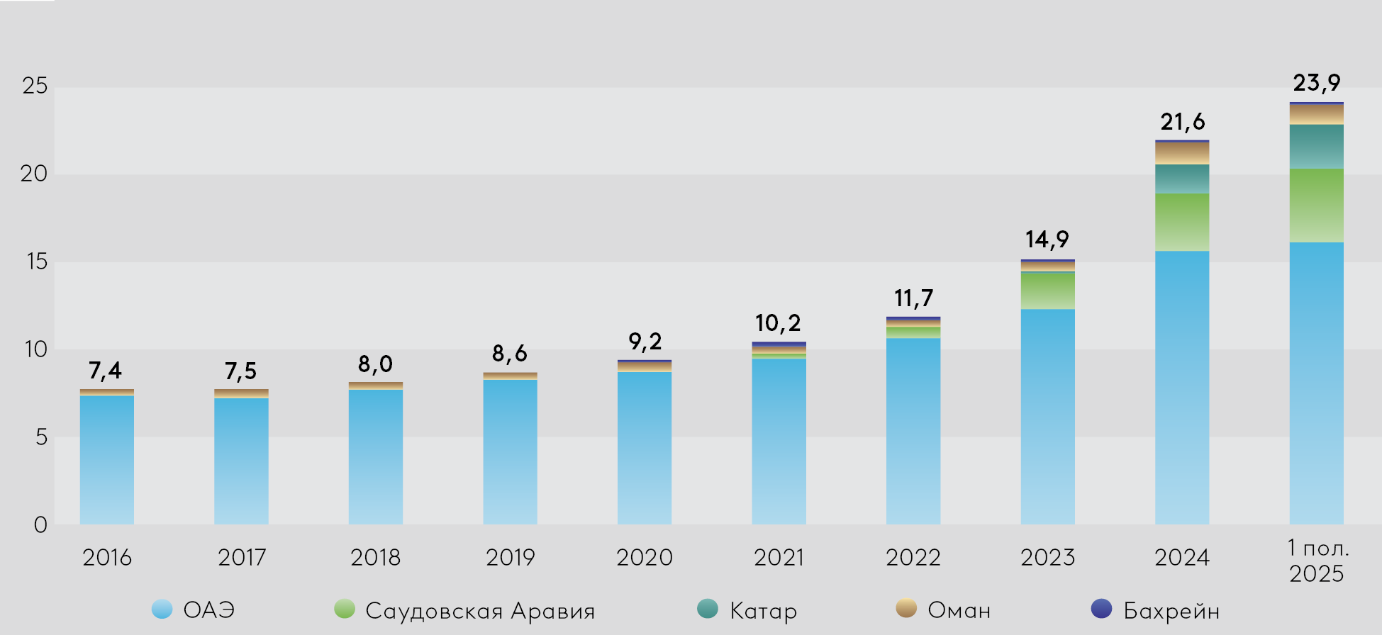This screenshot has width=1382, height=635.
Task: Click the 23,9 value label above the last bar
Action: pos(1316,83)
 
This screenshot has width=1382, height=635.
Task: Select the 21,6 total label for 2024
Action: pos(1182,122)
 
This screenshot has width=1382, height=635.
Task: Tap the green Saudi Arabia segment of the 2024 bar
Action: pos(1182,222)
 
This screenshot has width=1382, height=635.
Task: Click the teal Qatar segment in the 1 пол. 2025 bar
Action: pos(1316,147)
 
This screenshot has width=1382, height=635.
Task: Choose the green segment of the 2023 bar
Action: pos(1047,291)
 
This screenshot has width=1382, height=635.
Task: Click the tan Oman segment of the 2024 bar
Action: pos(1182,153)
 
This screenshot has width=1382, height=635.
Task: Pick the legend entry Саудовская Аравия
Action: pos(479,610)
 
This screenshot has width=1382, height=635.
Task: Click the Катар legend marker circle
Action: pos(708,609)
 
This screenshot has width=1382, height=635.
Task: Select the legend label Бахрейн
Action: pos(1171,610)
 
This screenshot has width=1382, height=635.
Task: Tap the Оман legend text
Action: pos(959,610)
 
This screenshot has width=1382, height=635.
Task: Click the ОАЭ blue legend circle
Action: pos(162,609)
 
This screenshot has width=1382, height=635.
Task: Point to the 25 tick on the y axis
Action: pos(35,86)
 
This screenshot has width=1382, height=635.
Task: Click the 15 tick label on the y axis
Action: pos(35,262)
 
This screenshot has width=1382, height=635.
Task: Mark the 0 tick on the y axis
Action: pos(40,524)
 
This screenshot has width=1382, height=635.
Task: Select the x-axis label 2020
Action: pos(644,558)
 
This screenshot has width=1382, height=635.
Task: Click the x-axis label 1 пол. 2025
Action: pos(1317,561)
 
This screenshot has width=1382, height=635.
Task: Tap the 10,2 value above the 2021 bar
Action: pos(778,324)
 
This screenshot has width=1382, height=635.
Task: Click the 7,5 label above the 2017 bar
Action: pos(240,371)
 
